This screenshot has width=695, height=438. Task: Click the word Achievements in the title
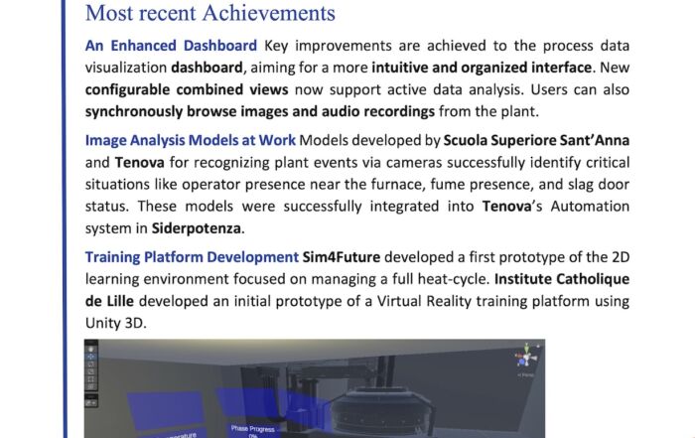pyautogui.click(x=269, y=13)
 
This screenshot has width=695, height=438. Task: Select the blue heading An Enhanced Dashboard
pyautogui.click(x=171, y=46)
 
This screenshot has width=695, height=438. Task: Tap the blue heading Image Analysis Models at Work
pyautogui.click(x=191, y=140)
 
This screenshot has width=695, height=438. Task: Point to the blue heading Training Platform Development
pyautogui.click(x=192, y=257)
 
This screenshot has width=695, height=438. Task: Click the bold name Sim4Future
pyautogui.click(x=342, y=257)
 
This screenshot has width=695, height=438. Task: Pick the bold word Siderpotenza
pyautogui.click(x=197, y=228)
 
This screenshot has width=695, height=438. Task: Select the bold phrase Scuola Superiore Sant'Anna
pyautogui.click(x=536, y=140)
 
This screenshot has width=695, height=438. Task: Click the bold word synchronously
pyautogui.click(x=134, y=111)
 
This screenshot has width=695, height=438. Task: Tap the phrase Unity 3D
pyautogui.click(x=115, y=323)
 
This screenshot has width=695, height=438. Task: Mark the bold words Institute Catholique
pyautogui.click(x=562, y=279)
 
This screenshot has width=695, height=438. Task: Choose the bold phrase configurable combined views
pyautogui.click(x=187, y=89)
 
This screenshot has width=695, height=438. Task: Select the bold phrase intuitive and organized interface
pyautogui.click(x=482, y=68)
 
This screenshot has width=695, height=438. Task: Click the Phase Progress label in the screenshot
pyautogui.click(x=252, y=429)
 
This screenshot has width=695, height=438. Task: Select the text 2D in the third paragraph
pyautogui.click(x=621, y=257)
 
